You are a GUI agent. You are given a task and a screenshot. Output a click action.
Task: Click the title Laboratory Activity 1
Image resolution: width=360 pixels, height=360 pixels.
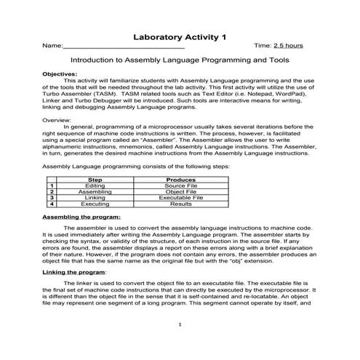point(180,36)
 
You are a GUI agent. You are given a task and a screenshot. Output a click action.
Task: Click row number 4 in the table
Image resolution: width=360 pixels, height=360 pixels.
point(52,204)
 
